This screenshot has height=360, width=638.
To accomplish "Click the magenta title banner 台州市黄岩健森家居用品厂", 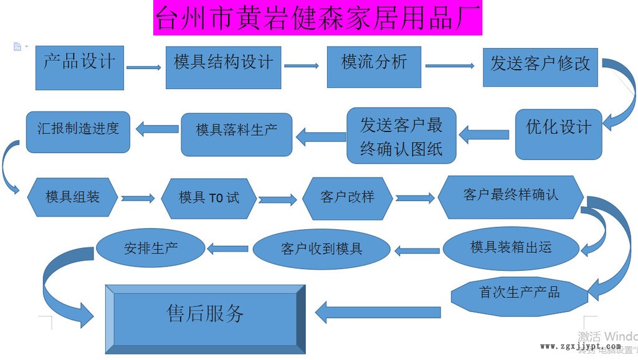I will (x=318, y=18).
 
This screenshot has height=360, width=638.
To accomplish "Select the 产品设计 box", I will (x=80, y=67).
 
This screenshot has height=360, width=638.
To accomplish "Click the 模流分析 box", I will (x=374, y=65).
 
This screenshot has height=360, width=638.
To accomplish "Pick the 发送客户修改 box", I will (x=540, y=67).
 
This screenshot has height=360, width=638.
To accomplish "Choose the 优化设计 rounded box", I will (x=558, y=134).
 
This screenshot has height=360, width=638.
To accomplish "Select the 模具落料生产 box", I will (x=237, y=134).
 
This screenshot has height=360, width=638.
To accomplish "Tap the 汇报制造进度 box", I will (x=78, y=131).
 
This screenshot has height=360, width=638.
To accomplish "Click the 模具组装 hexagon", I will (x=73, y=197).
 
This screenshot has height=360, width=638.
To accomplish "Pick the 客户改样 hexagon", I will (x=348, y=197).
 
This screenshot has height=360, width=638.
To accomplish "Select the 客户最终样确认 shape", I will (x=510, y=196).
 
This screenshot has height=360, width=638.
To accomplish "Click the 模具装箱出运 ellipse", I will (x=511, y=248).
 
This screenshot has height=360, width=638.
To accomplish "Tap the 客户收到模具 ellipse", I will (x=321, y=249).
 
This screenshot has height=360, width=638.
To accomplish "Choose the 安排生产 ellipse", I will (x=151, y=248).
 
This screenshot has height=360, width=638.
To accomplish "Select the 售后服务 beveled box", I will (x=206, y=315).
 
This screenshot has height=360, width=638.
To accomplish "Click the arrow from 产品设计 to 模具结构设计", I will (x=144, y=67).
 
